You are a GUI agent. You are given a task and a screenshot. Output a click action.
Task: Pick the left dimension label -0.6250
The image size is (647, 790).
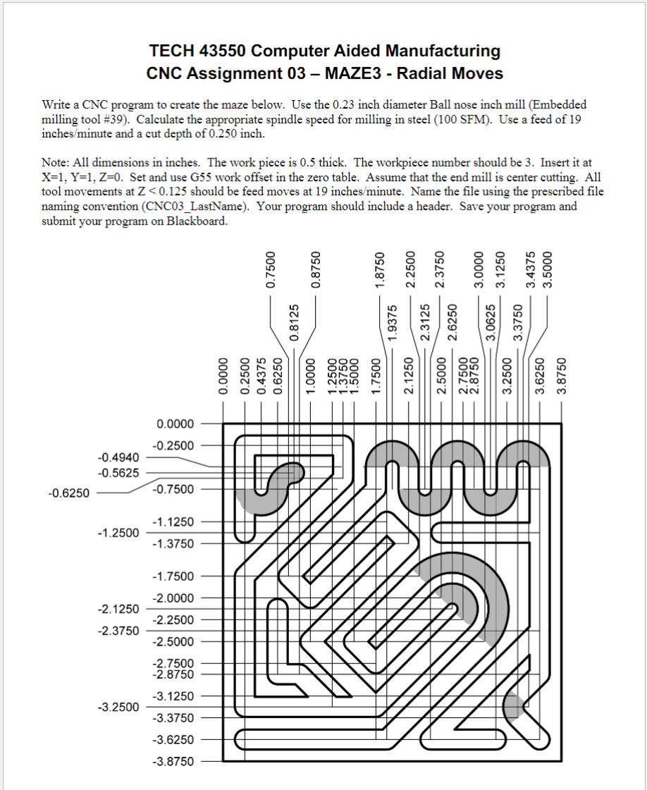click(x=68, y=493)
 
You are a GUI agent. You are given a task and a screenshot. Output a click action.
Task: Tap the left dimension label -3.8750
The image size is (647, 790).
click(x=173, y=762)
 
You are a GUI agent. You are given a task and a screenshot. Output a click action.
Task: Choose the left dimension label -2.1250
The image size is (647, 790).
click(x=118, y=608)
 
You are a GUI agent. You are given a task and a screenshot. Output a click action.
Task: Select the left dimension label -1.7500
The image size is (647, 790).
click(x=173, y=576)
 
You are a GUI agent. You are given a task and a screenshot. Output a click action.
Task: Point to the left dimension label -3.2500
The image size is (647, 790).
click(x=118, y=706)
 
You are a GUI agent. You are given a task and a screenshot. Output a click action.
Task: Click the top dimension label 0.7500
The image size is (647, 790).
click(x=269, y=271)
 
